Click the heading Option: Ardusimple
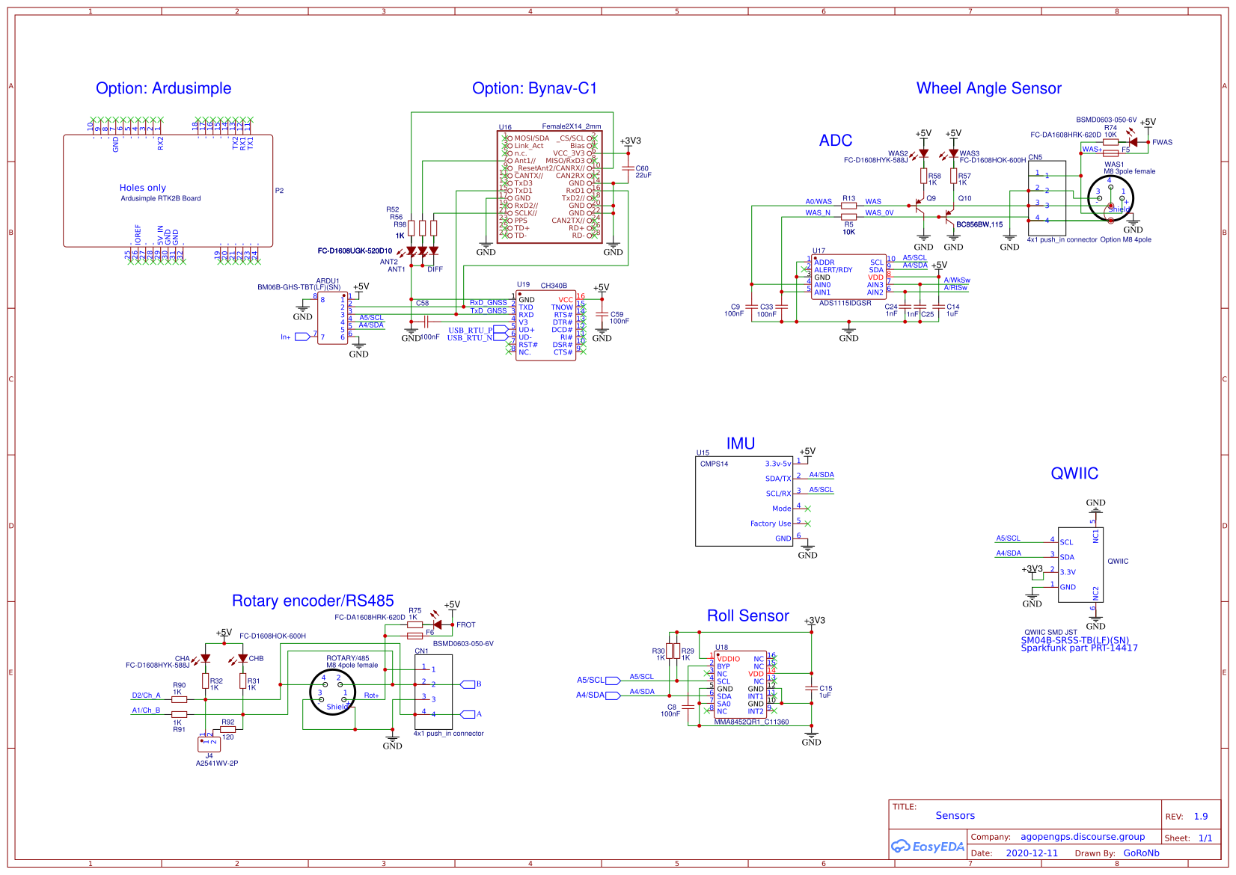(163, 88)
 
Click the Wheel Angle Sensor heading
(988, 88)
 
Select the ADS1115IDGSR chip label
(845, 303)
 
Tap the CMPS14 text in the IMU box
(714, 464)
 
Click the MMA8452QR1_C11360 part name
(751, 722)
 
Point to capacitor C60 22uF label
(643, 171)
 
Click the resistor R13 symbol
(848, 206)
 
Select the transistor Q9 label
(931, 198)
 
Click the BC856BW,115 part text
(979, 224)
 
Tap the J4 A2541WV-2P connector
(209, 744)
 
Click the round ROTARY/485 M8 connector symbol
(333, 692)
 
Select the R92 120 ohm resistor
(227, 729)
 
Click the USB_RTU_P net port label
(471, 330)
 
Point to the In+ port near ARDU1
(302, 337)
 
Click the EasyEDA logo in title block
(927, 847)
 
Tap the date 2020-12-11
(1032, 853)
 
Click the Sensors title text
(955, 815)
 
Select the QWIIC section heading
(1074, 473)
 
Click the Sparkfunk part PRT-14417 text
(1079, 648)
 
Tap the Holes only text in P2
(142, 188)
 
